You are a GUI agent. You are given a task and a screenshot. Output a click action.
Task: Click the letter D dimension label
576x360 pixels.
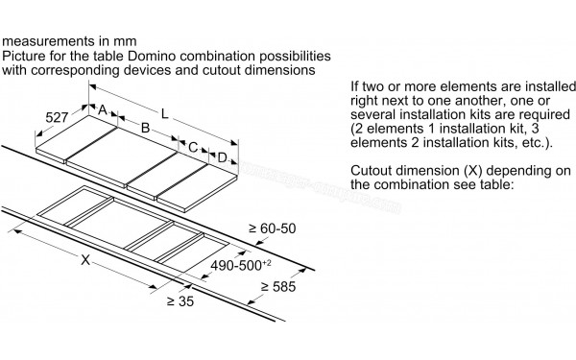point(223,157)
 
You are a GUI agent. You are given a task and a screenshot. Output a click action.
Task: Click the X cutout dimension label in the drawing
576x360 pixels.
point(87,260)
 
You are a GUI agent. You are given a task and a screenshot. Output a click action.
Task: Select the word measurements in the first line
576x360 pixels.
point(46,43)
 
